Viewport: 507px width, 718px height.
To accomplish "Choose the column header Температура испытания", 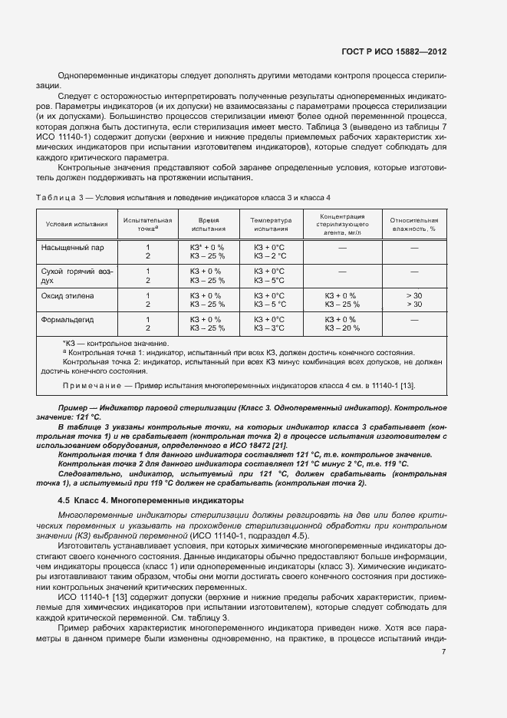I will pos(269,224).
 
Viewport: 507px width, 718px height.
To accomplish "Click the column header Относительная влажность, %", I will pos(413,224).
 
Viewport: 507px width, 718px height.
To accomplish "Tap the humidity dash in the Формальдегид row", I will pos(413,319).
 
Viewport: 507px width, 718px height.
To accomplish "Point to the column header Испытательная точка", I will pos(147,224).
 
